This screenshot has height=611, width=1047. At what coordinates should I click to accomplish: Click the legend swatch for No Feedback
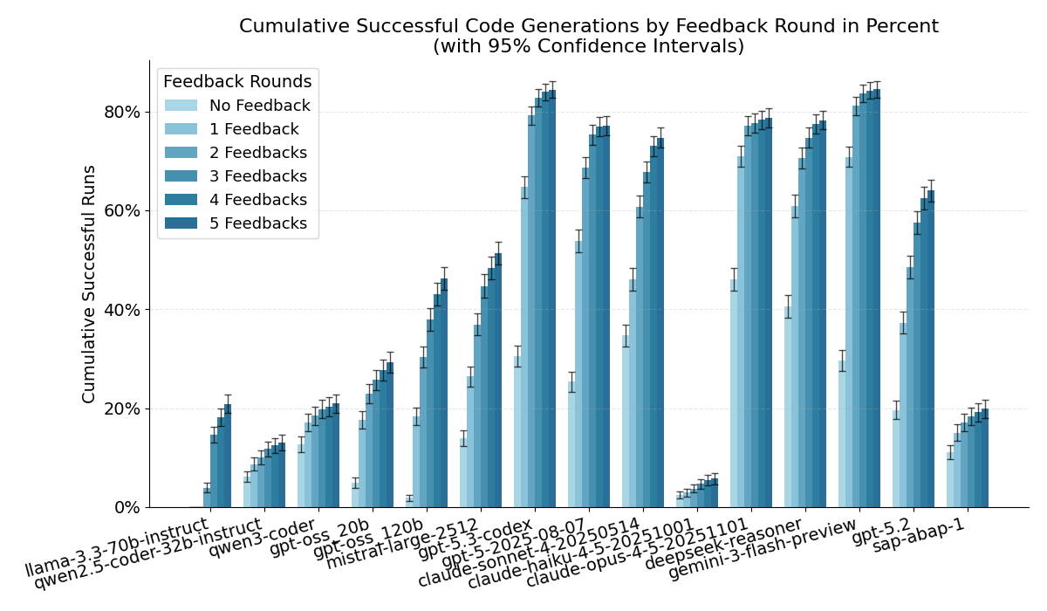pos(181,106)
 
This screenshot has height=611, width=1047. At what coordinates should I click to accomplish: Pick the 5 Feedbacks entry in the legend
pos(258,223)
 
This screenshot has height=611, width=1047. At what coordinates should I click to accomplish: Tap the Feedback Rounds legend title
pos(237,82)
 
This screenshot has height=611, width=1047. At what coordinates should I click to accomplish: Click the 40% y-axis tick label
pos(121,310)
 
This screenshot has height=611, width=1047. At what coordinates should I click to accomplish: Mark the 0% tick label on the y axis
pos(127,508)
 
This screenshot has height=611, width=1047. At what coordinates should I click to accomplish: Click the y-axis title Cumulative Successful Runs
pos(89,284)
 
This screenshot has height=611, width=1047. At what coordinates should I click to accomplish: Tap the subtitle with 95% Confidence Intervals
pos(588,47)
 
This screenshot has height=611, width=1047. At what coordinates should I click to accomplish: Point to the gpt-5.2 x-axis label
pos(882,529)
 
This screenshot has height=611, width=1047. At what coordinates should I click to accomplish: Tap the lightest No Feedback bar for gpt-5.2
pos(896,459)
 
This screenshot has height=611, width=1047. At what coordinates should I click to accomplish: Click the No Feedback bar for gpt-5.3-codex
pos(517,432)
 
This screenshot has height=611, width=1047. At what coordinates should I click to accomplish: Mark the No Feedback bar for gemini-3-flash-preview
pos(842,435)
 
